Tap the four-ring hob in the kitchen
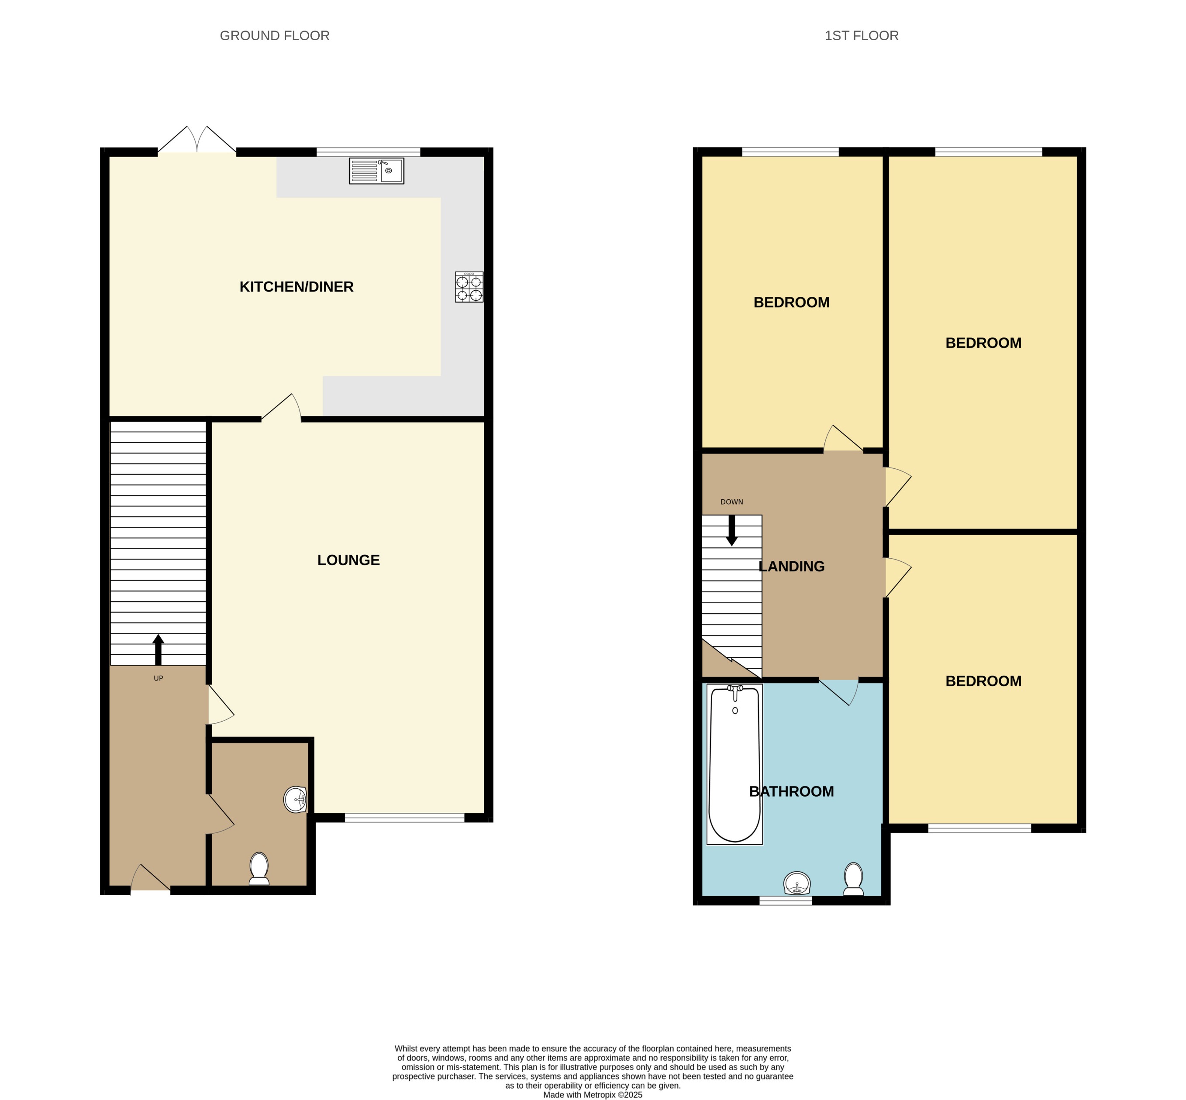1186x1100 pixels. [469, 287]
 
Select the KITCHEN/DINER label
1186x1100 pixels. [296, 287]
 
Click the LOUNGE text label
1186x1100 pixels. [348, 560]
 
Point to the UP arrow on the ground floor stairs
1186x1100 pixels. [158, 650]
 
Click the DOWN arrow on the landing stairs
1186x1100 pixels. [732, 530]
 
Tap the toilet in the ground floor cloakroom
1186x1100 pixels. [259, 869]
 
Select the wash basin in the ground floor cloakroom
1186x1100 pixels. [295, 799]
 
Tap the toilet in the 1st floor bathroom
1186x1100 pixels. [853, 879]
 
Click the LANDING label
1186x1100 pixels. [791, 567]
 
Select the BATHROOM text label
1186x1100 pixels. [791, 792]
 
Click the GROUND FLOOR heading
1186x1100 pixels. [275, 36]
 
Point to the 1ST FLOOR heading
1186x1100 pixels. [861, 36]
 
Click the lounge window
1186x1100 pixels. [404, 818]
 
